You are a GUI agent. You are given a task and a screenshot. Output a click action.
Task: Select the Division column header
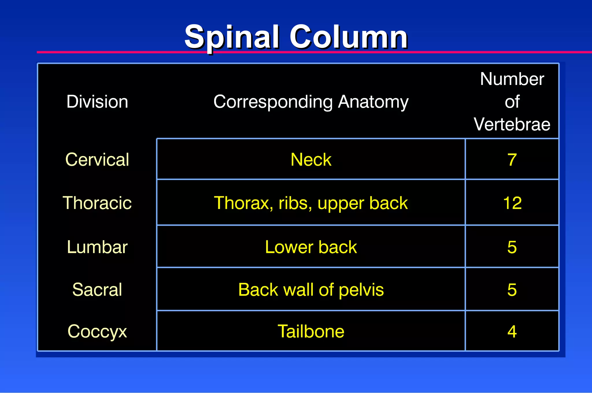97,102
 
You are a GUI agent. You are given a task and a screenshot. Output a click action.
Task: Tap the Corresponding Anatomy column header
311,102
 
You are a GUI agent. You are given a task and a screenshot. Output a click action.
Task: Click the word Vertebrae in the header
512,124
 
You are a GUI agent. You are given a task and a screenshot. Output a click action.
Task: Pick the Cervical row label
97,160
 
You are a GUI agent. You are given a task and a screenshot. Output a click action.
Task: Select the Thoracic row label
97,203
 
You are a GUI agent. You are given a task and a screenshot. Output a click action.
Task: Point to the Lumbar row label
97,247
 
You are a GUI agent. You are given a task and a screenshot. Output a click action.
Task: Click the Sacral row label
97,290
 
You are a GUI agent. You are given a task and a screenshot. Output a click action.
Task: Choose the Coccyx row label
97,331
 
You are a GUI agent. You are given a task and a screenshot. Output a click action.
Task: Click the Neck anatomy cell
311,160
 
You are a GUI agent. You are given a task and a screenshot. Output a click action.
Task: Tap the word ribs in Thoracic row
295,203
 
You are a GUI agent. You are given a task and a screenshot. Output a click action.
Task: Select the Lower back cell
311,247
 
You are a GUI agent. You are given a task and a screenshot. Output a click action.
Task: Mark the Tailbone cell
311,331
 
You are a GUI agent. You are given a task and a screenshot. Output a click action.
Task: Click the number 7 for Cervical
512,160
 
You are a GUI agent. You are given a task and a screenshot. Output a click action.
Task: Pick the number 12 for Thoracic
512,203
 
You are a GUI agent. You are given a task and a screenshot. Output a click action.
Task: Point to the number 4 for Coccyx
512,331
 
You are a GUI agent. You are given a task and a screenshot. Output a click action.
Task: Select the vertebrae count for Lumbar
512,247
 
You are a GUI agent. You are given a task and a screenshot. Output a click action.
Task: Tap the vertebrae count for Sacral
512,290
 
